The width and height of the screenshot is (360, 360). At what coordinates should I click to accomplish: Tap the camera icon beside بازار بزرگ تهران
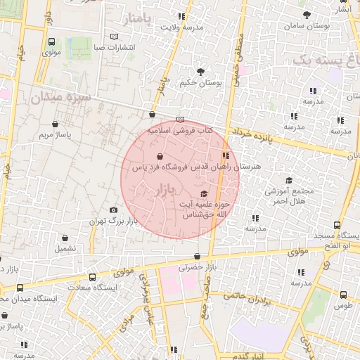click(x=114, y=210)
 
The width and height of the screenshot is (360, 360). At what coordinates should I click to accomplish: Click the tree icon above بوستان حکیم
click(x=201, y=71)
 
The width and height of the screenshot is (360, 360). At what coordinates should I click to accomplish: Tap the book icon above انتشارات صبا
click(x=115, y=37)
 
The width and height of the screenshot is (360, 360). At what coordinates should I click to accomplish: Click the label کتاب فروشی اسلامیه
click(x=179, y=130)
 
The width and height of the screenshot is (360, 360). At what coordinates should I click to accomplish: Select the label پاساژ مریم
click(x=56, y=133)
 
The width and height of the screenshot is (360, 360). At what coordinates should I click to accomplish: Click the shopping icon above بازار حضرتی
click(x=196, y=257)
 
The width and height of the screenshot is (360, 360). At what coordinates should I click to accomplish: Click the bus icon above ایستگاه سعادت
click(x=70, y=276)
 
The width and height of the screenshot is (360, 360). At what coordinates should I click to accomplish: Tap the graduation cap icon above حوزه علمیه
click(x=205, y=194)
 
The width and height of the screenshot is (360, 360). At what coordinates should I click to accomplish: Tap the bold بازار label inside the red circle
click(x=162, y=189)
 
